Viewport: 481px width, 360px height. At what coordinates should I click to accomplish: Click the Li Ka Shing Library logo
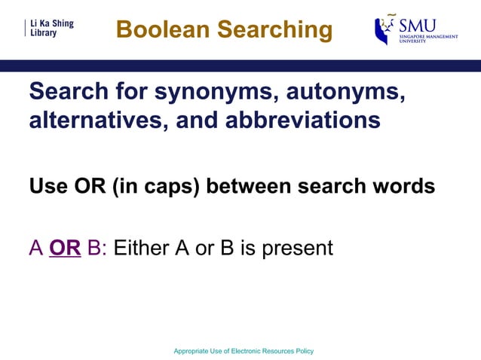[x=50, y=29]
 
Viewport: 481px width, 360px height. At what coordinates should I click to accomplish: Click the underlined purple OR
[x=65, y=248]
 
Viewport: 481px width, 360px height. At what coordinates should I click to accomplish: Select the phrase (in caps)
[x=157, y=186]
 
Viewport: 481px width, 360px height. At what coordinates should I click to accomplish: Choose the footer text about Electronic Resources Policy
[x=243, y=351]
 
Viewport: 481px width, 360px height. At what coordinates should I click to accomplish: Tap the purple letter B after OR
[x=95, y=248]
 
